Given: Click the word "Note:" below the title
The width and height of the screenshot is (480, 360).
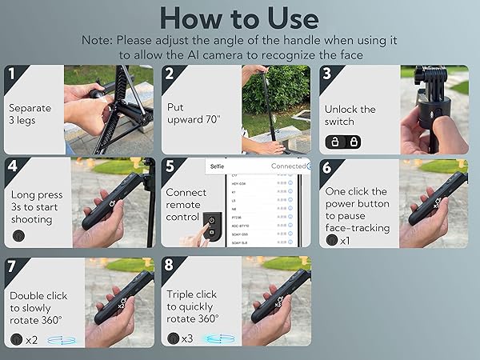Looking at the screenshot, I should pyautogui.click(x=102, y=39).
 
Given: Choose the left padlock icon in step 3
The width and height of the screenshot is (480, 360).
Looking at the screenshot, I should pyautogui.click(x=334, y=142).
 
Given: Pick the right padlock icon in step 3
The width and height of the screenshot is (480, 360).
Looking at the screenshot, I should pyautogui.click(x=353, y=142).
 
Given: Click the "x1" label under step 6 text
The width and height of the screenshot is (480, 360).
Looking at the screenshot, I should pyautogui.click(x=345, y=241).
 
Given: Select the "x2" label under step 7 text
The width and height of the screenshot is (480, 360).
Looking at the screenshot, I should pyautogui.click(x=32, y=339).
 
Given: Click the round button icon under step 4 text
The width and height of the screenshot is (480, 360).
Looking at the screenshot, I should pyautogui.click(x=18, y=237).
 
